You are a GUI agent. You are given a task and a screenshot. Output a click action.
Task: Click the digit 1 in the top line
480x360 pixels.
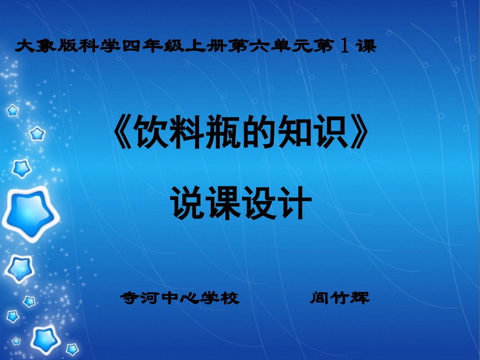pos(344,47)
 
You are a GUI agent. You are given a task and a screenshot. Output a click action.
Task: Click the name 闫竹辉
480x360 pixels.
pos(340,298)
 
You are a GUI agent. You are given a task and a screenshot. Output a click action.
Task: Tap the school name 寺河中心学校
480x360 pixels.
pos(179,298)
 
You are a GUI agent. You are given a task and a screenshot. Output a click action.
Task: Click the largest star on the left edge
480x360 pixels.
pos(28,215)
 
